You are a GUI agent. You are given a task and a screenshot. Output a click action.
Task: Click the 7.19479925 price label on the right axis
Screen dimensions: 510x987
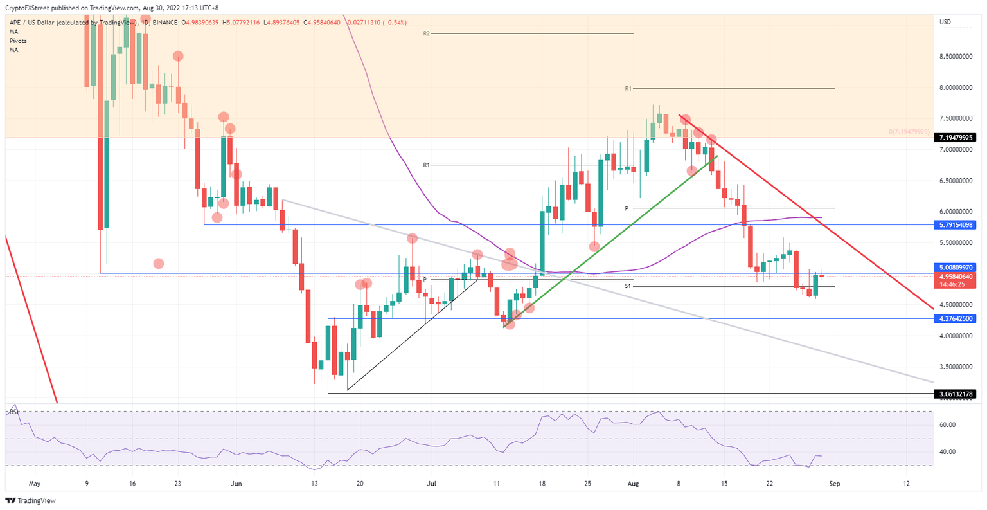(x=957, y=138)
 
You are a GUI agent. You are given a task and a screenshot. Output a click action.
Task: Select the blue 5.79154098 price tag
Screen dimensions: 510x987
(x=957, y=225)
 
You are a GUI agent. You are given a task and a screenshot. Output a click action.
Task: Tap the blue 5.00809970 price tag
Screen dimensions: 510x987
(x=957, y=267)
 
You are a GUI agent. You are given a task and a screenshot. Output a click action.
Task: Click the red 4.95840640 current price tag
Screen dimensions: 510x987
(x=957, y=277)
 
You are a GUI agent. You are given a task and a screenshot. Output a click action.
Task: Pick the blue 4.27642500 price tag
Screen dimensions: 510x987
(x=957, y=318)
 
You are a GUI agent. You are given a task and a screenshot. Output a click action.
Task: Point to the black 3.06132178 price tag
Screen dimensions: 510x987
(x=957, y=394)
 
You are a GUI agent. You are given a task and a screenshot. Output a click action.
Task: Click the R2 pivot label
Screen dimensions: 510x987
(x=426, y=33)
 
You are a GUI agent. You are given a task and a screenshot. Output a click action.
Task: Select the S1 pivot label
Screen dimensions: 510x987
(x=628, y=286)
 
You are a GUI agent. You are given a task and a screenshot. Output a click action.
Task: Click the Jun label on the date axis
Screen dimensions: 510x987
(x=236, y=483)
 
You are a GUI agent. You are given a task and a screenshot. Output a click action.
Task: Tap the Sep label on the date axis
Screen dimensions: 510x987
(x=834, y=483)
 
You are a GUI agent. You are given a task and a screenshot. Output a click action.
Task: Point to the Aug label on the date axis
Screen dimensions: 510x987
(x=633, y=483)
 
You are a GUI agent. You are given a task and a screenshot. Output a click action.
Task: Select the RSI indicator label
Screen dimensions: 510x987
(x=13, y=412)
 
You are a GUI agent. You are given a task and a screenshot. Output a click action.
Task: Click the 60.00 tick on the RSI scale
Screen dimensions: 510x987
(x=948, y=425)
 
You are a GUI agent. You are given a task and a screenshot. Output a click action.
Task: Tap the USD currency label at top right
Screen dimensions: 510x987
(x=945, y=23)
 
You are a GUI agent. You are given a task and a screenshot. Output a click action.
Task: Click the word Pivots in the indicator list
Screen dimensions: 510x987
(x=19, y=41)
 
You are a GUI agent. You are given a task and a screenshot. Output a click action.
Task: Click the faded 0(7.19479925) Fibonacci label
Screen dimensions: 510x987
(x=909, y=132)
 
